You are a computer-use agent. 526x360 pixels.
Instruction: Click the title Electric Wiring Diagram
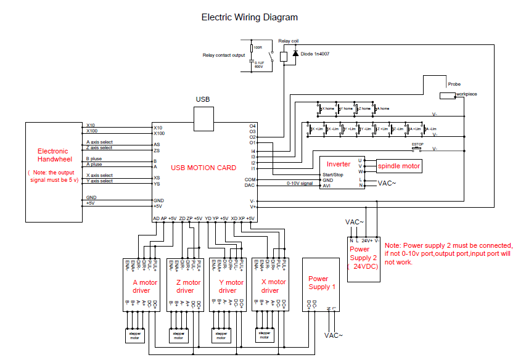click(249, 17)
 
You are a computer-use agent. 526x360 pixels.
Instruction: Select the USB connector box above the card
click(203, 118)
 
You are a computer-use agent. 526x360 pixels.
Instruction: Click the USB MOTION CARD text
click(203, 168)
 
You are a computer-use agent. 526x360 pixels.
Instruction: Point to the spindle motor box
click(399, 166)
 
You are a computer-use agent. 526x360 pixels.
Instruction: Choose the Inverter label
click(338, 164)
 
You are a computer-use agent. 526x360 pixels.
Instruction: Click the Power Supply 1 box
click(322, 284)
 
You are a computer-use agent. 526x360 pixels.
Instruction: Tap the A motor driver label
click(144, 286)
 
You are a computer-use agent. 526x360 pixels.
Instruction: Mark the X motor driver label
click(270, 286)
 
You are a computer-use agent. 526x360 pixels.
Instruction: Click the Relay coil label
click(288, 41)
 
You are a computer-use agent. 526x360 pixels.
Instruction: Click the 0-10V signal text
click(300, 183)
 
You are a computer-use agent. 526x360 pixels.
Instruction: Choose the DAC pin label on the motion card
click(250, 185)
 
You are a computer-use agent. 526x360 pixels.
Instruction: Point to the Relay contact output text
click(224, 55)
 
